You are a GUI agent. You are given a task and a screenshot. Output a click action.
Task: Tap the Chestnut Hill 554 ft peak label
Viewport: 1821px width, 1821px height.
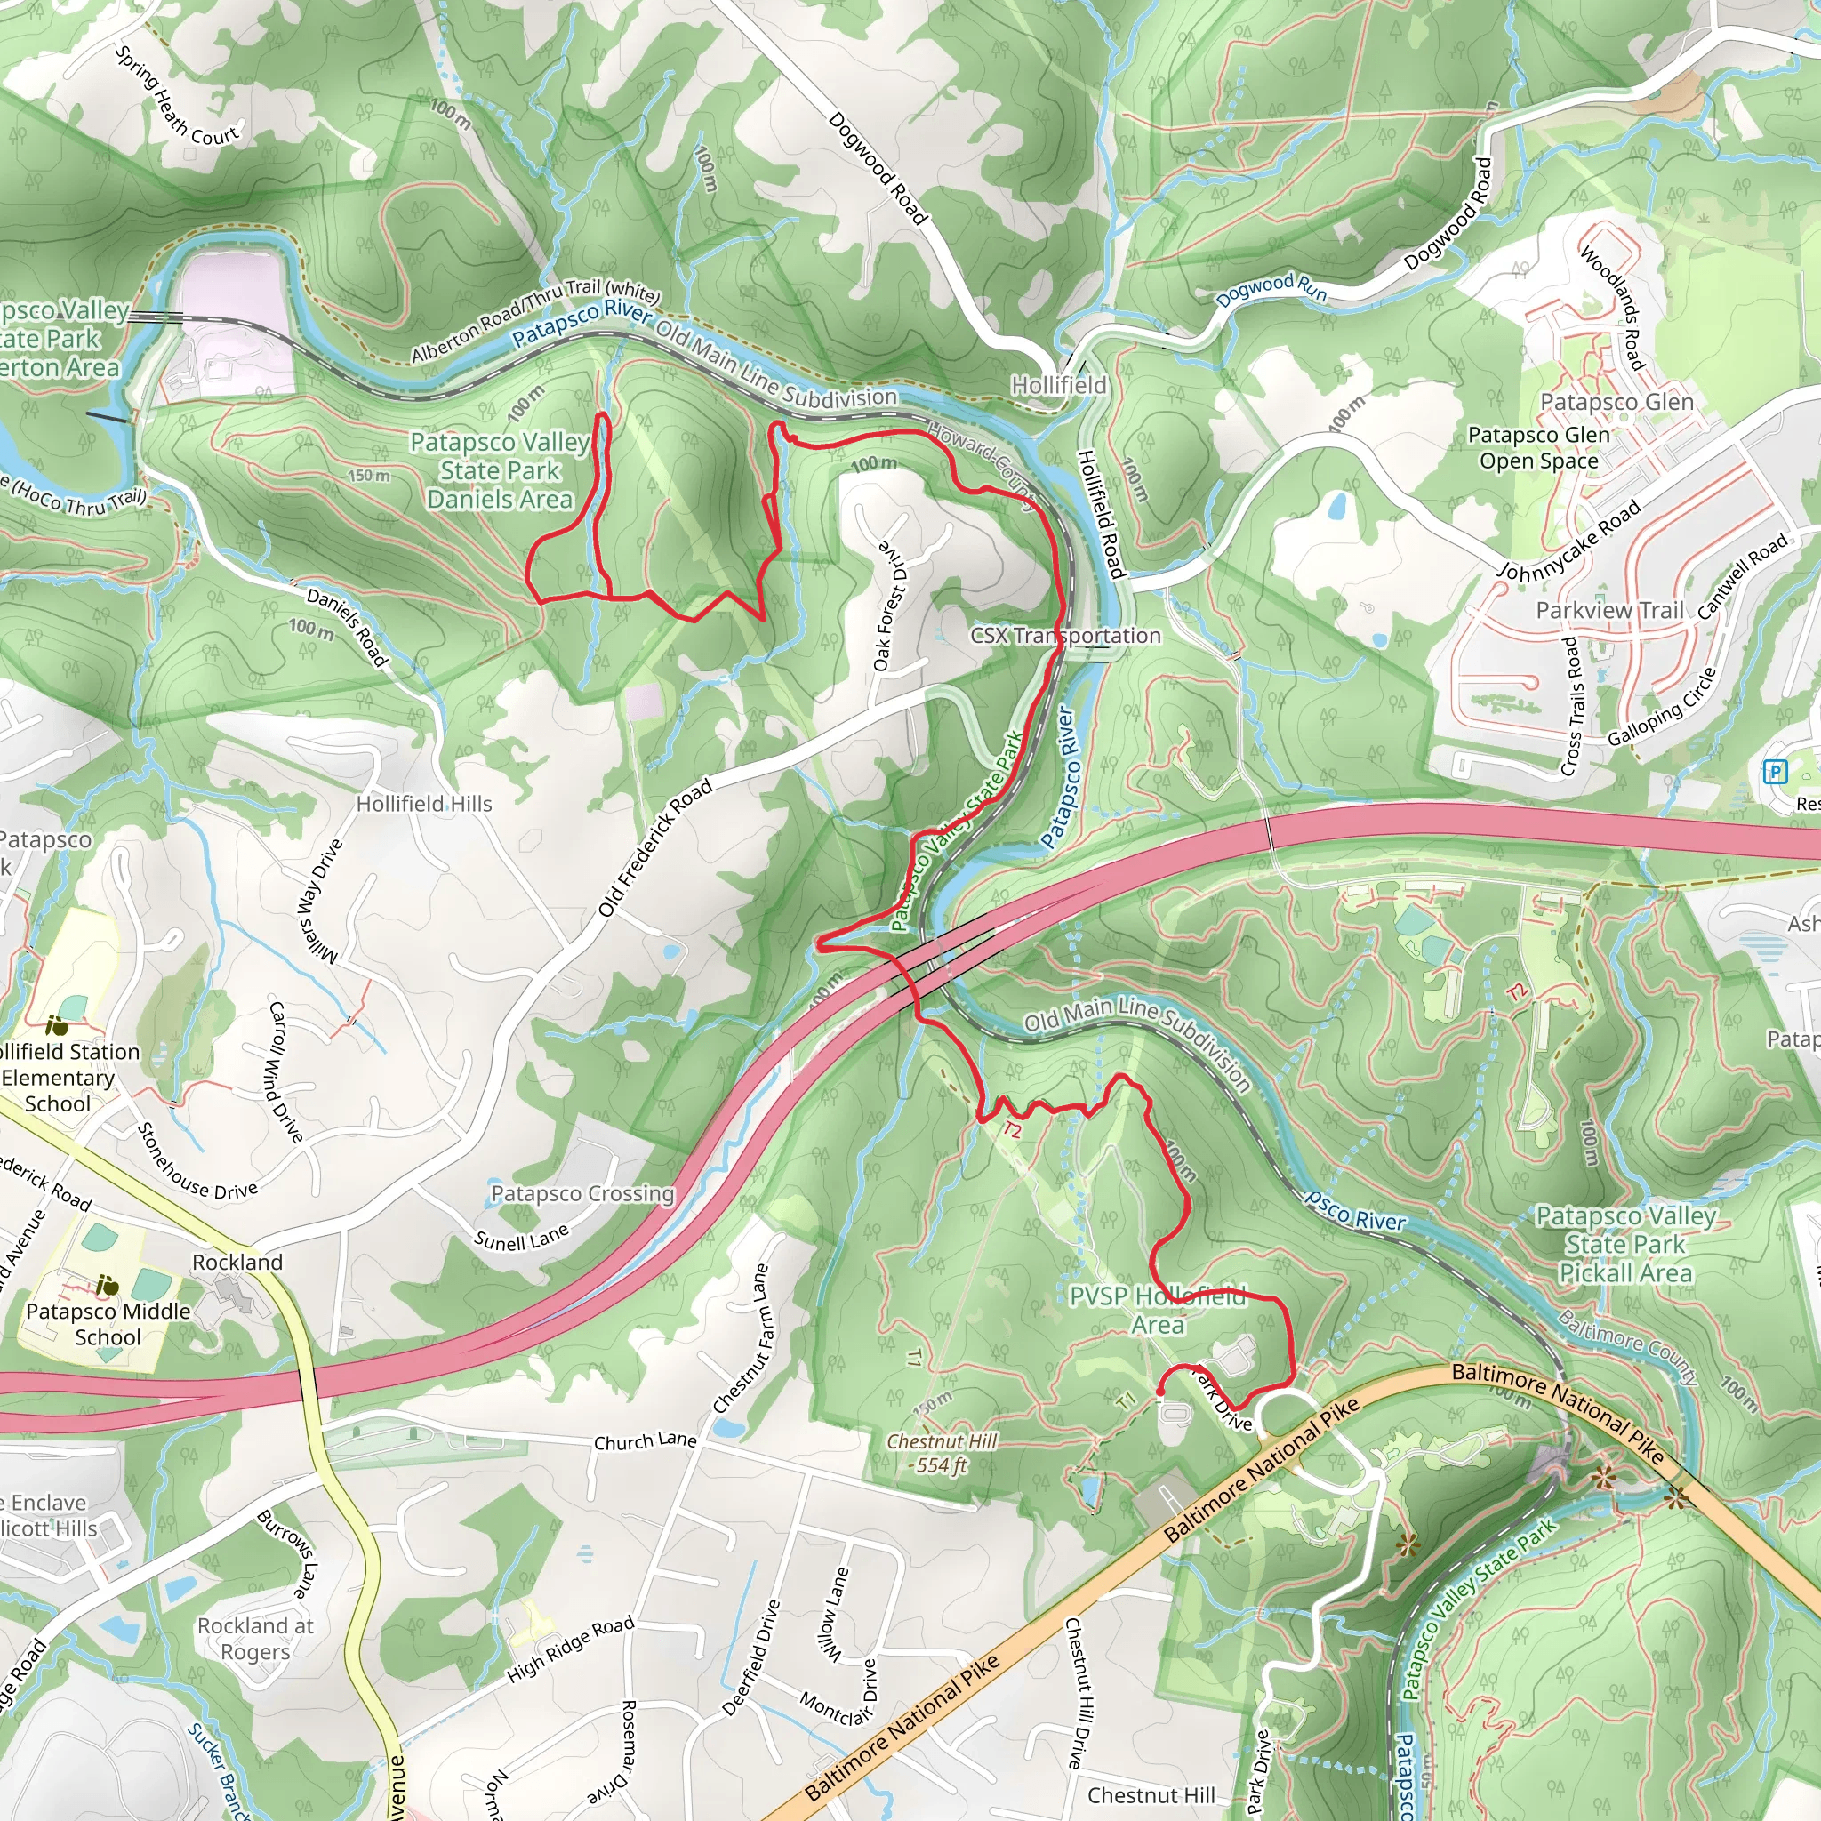pyautogui.click(x=941, y=1453)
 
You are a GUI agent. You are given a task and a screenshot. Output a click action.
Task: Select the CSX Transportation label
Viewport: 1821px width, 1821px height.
pyautogui.click(x=1065, y=635)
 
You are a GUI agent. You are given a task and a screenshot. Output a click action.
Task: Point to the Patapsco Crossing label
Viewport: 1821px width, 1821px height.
pyautogui.click(x=582, y=1193)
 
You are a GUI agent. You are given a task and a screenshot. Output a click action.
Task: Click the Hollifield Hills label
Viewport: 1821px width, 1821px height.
pyautogui.click(x=424, y=804)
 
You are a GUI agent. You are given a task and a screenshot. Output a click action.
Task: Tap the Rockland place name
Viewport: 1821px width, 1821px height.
pyautogui.click(x=237, y=1262)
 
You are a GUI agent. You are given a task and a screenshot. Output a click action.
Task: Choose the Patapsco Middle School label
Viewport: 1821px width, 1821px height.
pyautogui.click(x=108, y=1323)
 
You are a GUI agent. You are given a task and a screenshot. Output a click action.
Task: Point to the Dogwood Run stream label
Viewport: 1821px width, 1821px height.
pyautogui.click(x=1270, y=289)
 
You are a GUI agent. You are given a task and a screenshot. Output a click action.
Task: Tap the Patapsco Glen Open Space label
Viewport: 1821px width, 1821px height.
pyautogui.click(x=1538, y=448)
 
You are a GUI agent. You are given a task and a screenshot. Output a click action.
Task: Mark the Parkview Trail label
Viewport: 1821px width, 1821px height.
pyautogui.click(x=1608, y=611)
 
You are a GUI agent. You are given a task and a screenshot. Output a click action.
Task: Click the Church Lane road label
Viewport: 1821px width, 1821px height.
pyautogui.click(x=645, y=1441)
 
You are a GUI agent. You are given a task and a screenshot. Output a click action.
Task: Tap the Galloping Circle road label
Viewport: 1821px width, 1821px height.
pyautogui.click(x=1663, y=707)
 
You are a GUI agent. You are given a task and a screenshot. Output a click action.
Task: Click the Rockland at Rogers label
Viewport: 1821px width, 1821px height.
pyautogui.click(x=255, y=1638)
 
